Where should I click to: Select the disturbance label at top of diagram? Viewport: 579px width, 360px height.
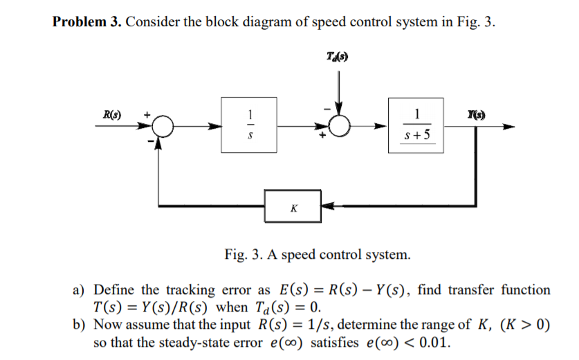337,56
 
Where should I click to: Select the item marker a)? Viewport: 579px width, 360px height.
81,289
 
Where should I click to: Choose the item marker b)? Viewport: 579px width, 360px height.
81,325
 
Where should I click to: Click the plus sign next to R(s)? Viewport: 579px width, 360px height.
147,114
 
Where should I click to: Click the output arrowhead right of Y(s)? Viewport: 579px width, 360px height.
509,127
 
